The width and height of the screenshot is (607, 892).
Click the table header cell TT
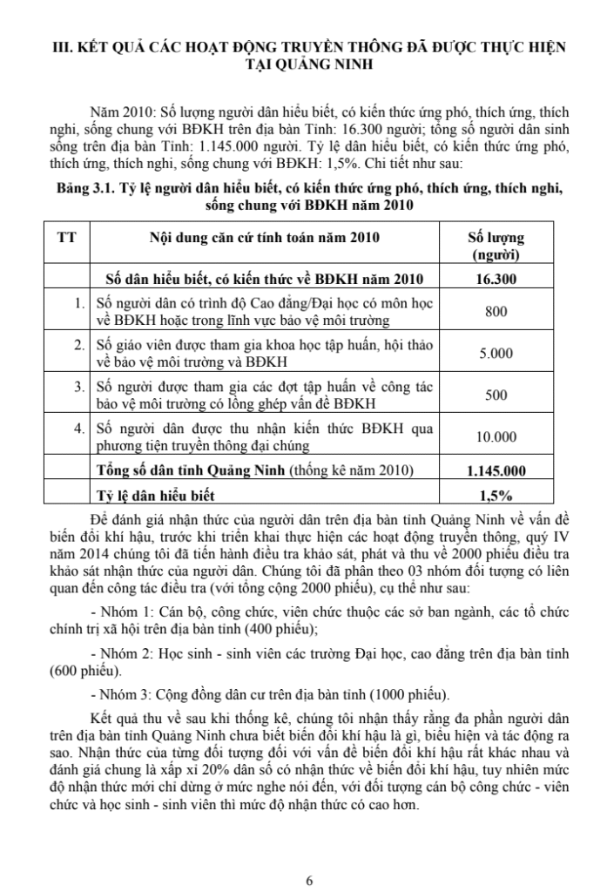click(x=64, y=237)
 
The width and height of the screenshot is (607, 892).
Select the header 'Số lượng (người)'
click(x=496, y=246)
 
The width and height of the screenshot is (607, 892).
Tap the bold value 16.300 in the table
click(x=496, y=280)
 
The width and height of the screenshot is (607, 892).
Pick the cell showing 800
click(x=496, y=311)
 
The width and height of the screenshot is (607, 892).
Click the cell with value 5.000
click(x=496, y=354)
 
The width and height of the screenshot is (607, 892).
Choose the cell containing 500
click(x=496, y=395)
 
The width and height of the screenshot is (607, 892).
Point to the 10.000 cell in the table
click(x=496, y=437)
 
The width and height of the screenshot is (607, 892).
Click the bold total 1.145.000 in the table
click(x=496, y=471)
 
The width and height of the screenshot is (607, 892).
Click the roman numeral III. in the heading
click(x=64, y=49)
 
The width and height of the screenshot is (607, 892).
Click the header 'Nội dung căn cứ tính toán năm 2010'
click(x=266, y=237)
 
